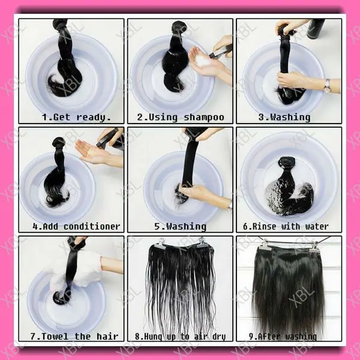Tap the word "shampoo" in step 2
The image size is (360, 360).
(x=204, y=117)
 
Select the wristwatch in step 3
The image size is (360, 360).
(x=326, y=85)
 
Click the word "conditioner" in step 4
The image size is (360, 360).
(x=92, y=226)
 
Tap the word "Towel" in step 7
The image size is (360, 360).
(x=57, y=336)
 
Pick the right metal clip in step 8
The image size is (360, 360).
(x=203, y=242)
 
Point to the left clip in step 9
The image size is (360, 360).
(x=265, y=244)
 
